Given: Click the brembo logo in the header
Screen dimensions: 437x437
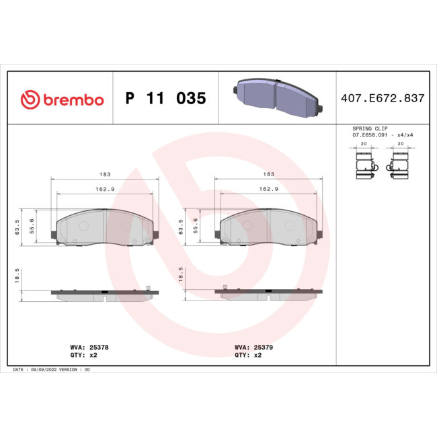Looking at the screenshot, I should pyautogui.click(x=63, y=100).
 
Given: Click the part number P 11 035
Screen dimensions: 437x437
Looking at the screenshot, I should pyautogui.click(x=165, y=99).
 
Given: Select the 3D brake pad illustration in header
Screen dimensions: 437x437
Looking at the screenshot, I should pyautogui.click(x=277, y=98).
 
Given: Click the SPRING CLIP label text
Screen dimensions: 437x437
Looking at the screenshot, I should pyautogui.click(x=370, y=128).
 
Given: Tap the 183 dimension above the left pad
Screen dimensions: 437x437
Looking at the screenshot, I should pyautogui.click(x=105, y=174).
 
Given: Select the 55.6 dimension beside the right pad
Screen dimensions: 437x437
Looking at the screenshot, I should pyautogui.click(x=196, y=225).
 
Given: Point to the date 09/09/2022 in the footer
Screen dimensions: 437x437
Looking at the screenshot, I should pyautogui.click(x=42, y=370).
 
